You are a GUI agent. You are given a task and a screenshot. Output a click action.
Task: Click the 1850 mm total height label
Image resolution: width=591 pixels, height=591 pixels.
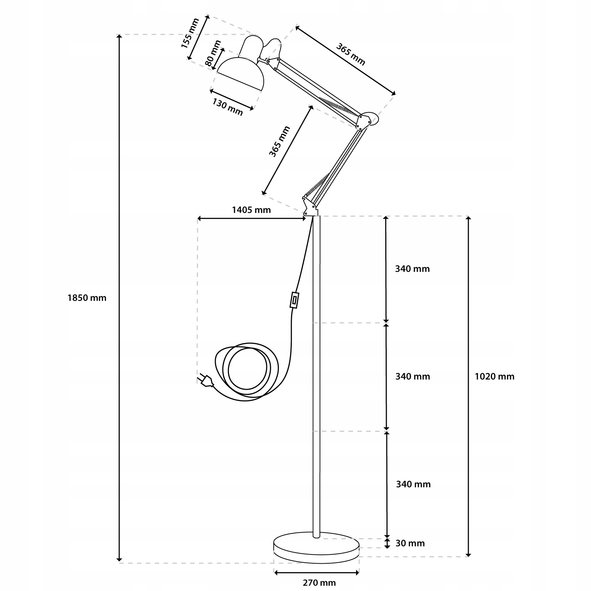(87, 298)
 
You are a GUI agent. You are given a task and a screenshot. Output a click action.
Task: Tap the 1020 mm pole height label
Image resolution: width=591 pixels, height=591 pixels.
(494, 376)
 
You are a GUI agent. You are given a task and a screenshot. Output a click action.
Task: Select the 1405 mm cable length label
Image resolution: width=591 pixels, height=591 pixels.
(251, 210)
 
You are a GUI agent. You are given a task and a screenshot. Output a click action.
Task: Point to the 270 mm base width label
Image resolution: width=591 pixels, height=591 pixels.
(319, 583)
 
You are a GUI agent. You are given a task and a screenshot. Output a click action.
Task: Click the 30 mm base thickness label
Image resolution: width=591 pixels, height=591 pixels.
(410, 543)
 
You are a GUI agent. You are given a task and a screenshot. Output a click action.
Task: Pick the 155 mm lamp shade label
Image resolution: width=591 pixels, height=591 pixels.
(190, 34)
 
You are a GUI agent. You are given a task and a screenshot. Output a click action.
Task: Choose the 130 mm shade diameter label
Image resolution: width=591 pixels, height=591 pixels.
(228, 107)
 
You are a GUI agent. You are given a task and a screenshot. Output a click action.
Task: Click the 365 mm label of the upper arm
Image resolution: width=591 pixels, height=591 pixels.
(350, 54)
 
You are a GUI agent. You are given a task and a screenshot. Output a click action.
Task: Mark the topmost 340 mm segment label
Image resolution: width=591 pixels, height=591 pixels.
(412, 269)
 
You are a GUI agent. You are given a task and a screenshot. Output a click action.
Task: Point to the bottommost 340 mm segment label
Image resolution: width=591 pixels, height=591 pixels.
(413, 484)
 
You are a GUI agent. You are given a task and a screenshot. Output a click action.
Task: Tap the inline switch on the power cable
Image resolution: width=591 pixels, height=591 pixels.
(294, 300)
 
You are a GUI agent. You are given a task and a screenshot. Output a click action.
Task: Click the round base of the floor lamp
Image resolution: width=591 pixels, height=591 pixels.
(316, 548)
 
